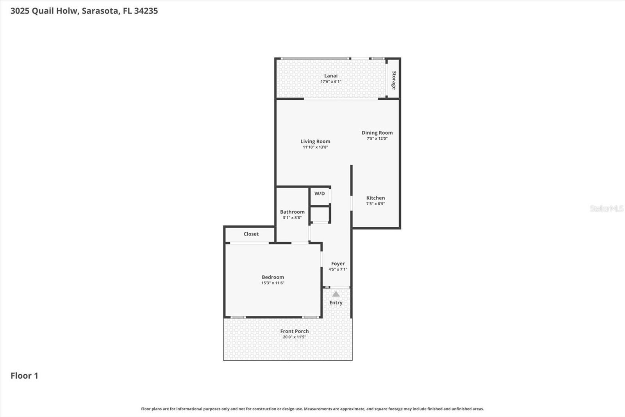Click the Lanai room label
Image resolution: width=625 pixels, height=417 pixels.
[x=331, y=76]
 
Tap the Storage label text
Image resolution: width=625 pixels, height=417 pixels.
[x=394, y=80]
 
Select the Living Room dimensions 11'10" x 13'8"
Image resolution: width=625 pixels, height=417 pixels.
[x=315, y=147]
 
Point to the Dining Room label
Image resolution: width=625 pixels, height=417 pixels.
[x=377, y=133]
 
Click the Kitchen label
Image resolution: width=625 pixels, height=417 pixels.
[x=375, y=198]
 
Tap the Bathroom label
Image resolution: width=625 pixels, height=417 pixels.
[x=292, y=212]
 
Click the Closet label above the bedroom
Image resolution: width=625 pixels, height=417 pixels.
[x=251, y=234]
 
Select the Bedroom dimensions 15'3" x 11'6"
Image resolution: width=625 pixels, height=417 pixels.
[x=273, y=283]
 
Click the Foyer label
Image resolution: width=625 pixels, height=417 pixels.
[x=338, y=264]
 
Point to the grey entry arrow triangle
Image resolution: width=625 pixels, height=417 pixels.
[x=336, y=294]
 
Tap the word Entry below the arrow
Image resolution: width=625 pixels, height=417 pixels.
[x=336, y=303]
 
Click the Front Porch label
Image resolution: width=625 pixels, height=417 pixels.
[x=295, y=331]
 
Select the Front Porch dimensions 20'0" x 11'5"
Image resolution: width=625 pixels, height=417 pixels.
[x=295, y=337]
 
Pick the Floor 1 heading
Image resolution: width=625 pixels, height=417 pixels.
[x=24, y=376]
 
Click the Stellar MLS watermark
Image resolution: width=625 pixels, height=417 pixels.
[x=606, y=208]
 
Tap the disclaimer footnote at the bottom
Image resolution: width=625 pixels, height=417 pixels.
[x=312, y=409]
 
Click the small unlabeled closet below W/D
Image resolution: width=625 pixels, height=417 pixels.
[x=320, y=215]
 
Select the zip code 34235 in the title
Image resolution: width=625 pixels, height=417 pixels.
[x=146, y=11]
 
